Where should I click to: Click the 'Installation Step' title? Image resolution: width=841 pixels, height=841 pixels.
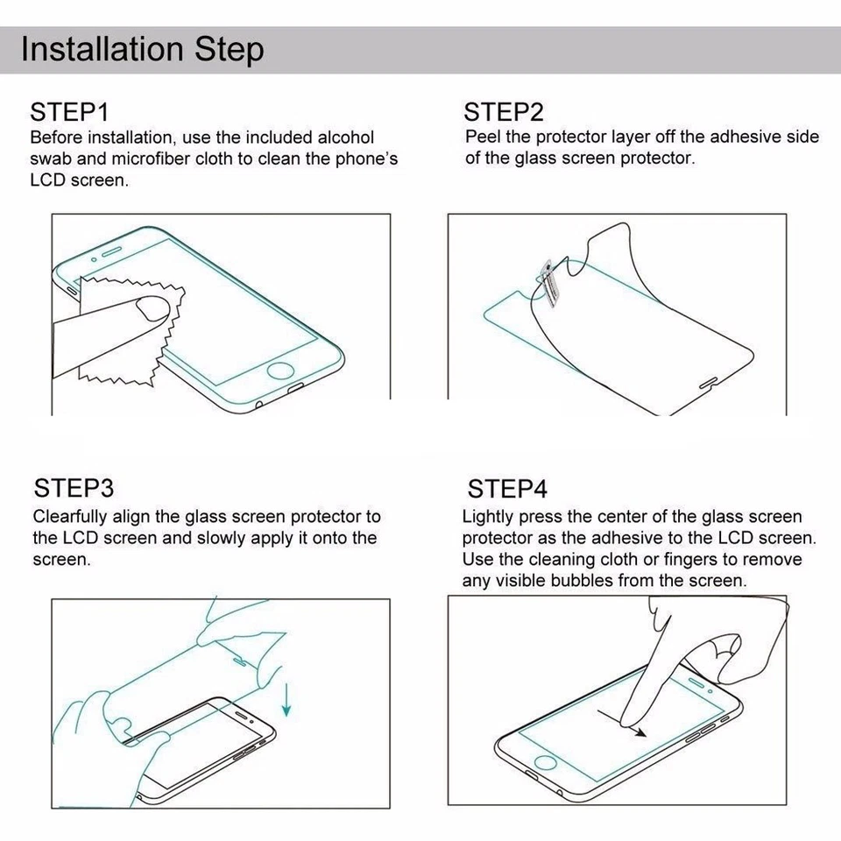[x=142, y=49]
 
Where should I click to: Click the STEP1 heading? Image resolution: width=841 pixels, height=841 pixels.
[x=69, y=112]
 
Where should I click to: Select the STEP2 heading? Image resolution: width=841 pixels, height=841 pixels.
[x=504, y=112]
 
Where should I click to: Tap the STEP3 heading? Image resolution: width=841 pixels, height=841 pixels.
[x=74, y=488]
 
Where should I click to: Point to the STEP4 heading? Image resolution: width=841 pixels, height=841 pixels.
[x=507, y=488]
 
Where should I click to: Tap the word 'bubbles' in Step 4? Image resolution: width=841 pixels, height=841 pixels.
[x=585, y=581]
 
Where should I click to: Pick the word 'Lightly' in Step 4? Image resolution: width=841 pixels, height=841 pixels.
[x=490, y=517]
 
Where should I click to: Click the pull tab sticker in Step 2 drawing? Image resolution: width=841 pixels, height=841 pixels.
[x=548, y=283]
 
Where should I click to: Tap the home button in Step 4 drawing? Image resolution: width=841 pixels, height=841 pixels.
[x=547, y=760]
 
